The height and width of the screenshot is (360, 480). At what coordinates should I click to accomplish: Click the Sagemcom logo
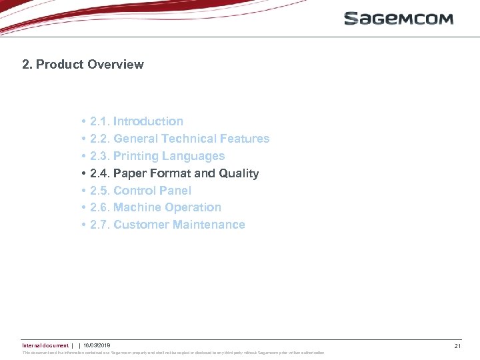pos(398,19)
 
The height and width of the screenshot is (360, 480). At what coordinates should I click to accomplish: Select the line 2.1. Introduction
pos(137,121)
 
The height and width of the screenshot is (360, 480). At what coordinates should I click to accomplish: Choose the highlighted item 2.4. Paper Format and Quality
pos(174,173)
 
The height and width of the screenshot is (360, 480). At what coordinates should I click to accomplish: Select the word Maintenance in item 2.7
pos(209,225)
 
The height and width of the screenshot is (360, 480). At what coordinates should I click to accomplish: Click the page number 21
pos(457,346)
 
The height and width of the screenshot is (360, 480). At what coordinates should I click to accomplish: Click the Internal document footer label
pos(45,345)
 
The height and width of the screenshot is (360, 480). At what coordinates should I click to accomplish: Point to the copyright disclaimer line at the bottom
pos(173,353)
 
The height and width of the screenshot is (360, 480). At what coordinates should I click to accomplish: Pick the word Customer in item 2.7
pos(141,225)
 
